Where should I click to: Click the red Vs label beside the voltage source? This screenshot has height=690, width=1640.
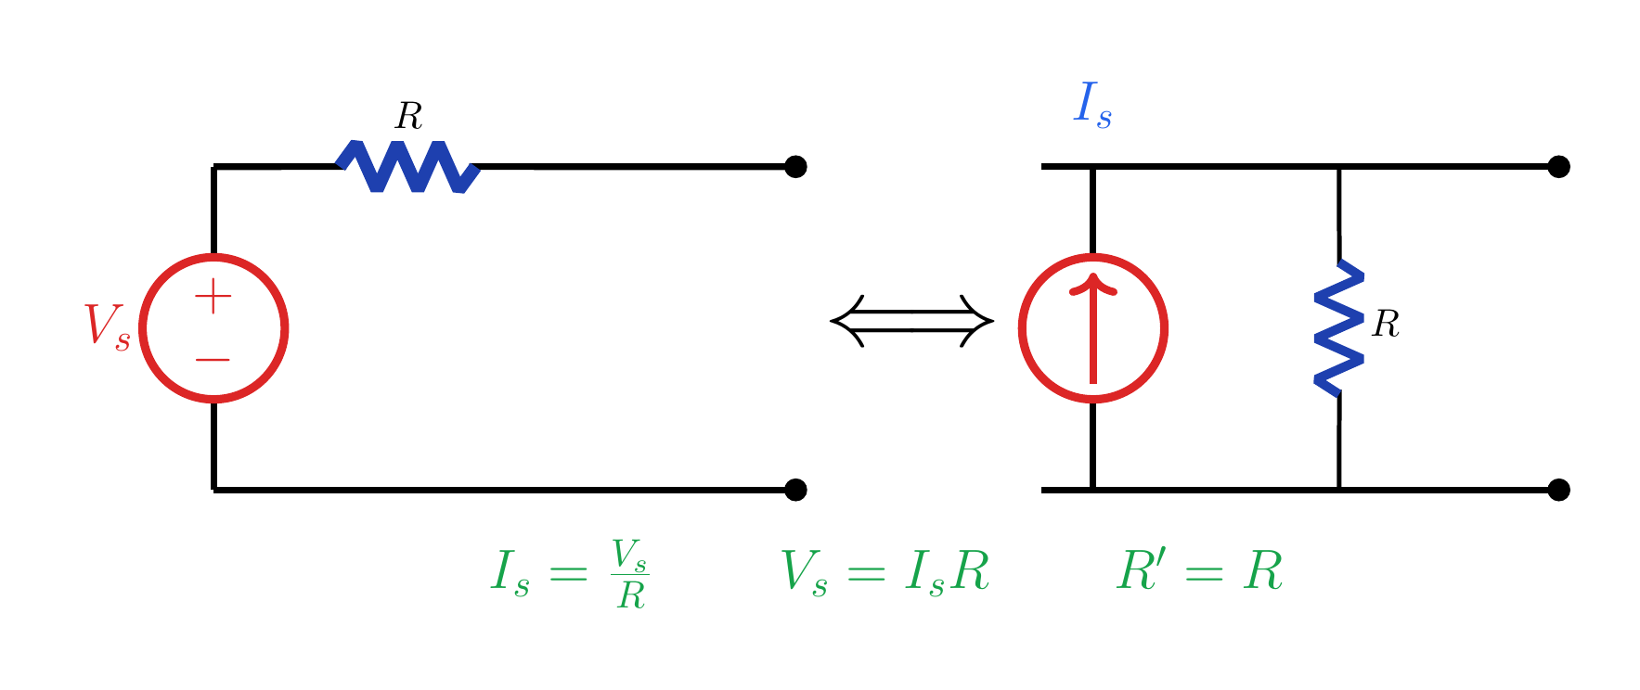point(107,326)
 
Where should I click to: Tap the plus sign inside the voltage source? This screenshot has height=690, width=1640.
point(213,297)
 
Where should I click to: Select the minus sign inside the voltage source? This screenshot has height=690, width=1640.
point(213,359)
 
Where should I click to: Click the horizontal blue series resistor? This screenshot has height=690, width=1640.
point(408,167)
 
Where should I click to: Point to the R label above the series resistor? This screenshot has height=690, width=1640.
point(408,116)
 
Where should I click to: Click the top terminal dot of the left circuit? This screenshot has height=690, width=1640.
point(795,167)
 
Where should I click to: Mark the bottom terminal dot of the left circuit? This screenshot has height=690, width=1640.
point(795,490)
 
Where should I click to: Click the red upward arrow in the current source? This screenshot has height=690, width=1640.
point(1093,329)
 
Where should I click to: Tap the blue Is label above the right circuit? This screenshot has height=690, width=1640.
point(1092,105)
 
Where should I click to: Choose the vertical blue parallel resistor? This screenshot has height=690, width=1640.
point(1339,328)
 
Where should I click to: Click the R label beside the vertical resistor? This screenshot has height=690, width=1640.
point(1386,324)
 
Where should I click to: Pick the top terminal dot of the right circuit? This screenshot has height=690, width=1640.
point(1559,167)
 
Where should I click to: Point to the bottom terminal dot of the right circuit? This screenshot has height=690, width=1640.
point(1559,490)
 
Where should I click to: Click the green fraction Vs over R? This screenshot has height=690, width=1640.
point(630,573)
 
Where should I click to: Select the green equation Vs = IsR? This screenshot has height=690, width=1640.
point(885,571)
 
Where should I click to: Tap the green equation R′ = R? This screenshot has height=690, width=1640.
point(1200,569)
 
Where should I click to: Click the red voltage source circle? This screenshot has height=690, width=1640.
point(213,257)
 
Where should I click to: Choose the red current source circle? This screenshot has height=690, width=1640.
point(1093,257)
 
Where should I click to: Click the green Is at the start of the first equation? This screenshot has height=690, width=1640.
point(510,573)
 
